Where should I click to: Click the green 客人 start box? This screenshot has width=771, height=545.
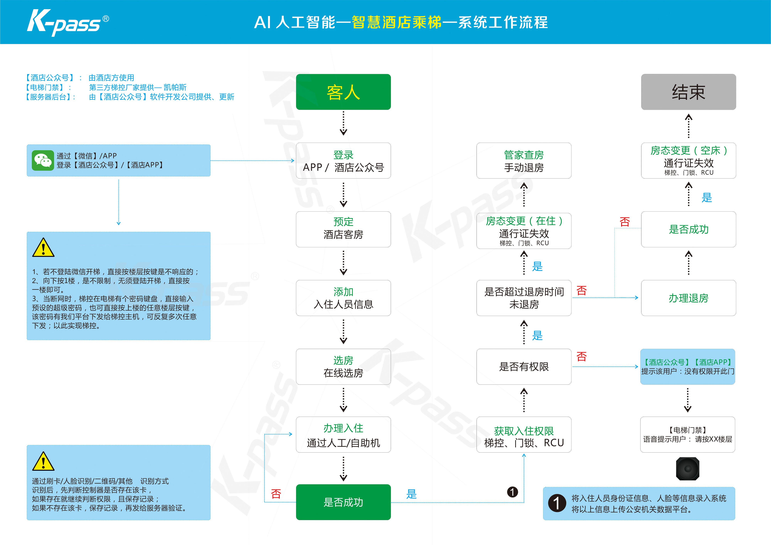pyautogui.click(x=343, y=92)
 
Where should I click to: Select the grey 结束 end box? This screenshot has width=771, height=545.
pyautogui.click(x=688, y=92)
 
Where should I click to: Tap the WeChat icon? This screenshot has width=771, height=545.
pyautogui.click(x=43, y=161)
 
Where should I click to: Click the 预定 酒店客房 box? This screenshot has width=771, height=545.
pyautogui.click(x=343, y=229)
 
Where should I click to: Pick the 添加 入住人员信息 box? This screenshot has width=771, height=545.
pyautogui.click(x=343, y=298)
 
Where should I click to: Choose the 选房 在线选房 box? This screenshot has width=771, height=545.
pyautogui.click(x=343, y=367)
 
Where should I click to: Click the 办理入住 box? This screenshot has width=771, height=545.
pyautogui.click(x=343, y=435)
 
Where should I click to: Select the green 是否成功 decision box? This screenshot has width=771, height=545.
pyautogui.click(x=343, y=502)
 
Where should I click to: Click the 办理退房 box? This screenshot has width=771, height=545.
pyautogui.click(x=688, y=298)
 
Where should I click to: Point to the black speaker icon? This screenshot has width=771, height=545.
pyautogui.click(x=687, y=469)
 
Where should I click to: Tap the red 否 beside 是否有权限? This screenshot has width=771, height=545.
pyautogui.click(x=581, y=357)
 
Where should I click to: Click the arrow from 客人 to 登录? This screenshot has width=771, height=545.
pyautogui.click(x=343, y=123)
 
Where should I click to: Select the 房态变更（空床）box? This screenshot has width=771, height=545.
pyautogui.click(x=688, y=161)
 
